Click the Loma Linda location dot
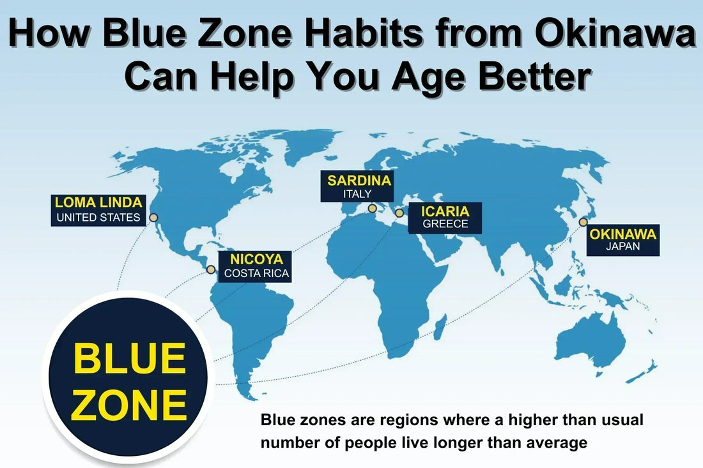153,218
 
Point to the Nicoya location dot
211,269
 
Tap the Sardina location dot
372,208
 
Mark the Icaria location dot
399,213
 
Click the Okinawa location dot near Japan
583,222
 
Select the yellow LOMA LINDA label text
98,202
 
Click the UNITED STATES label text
98,218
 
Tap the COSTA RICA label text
256,273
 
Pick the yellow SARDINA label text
359,181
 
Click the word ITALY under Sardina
357,194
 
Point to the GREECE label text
445,223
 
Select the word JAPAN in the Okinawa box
622,246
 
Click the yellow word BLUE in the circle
129,358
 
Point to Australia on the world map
591,340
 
